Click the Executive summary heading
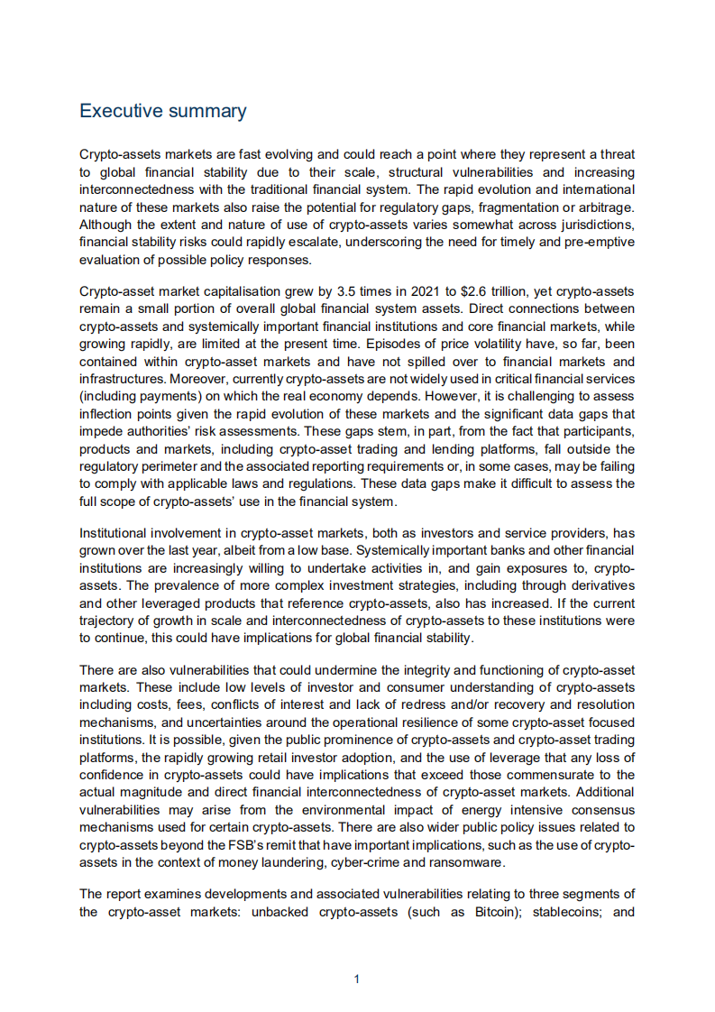pos(162,111)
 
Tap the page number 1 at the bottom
pos(357,979)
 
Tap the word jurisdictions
pos(591,225)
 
